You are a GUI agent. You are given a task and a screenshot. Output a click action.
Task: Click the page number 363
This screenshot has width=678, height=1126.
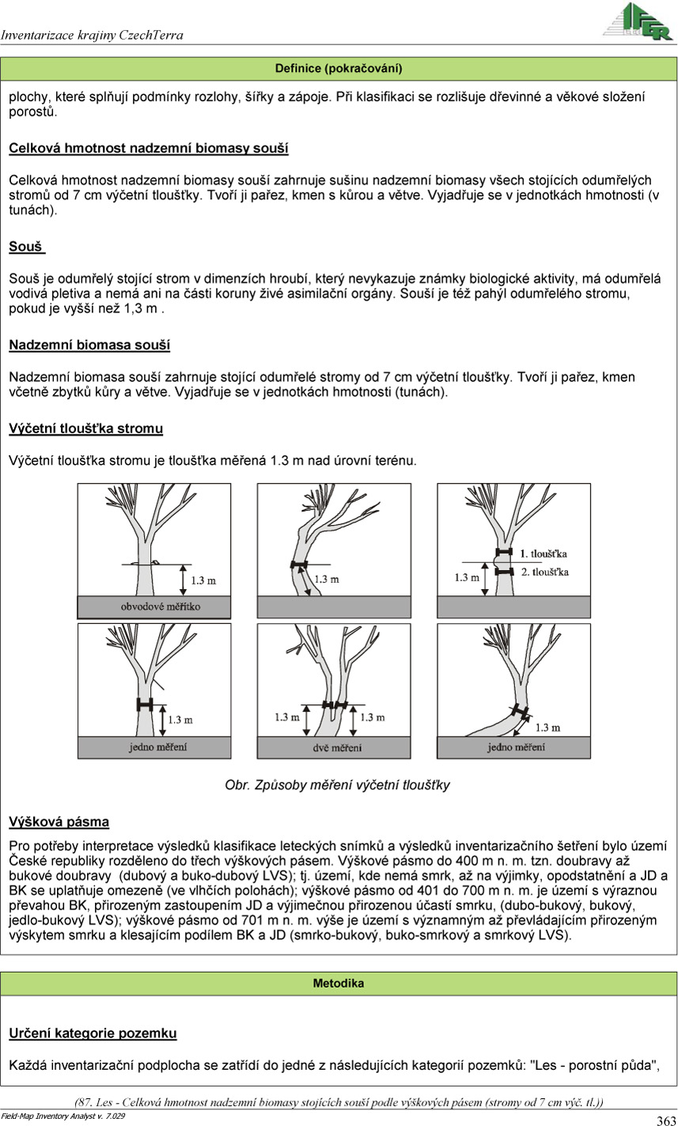665,1120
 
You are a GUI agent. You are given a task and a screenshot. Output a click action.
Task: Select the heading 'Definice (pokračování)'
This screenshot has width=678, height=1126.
339,69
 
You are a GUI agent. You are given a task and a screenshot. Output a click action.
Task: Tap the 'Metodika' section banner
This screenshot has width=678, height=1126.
339,984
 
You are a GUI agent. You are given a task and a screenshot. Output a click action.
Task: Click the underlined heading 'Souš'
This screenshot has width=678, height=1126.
26,247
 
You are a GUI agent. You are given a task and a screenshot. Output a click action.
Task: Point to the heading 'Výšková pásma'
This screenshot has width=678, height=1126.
59,822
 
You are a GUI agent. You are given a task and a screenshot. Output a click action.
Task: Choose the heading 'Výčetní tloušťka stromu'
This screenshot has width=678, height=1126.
86,429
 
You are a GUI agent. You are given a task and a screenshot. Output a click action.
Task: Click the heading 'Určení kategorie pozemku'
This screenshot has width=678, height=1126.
93,1033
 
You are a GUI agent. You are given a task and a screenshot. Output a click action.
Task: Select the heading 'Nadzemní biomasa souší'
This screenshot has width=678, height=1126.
89,345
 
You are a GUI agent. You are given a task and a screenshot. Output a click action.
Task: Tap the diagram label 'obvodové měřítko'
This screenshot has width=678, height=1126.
154,606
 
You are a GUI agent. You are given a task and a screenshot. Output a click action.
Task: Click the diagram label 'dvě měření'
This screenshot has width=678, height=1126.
334,746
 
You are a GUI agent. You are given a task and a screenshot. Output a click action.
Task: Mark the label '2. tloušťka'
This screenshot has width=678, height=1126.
544,571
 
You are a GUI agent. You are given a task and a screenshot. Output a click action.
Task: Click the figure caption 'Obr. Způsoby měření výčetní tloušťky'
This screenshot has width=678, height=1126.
338,785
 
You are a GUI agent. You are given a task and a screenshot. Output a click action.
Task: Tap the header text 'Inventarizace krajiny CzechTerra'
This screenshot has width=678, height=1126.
92,35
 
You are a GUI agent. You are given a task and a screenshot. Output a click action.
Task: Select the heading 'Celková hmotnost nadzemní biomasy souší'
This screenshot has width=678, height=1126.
149,148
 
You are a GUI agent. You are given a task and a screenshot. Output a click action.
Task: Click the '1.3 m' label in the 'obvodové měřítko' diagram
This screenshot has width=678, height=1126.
204,580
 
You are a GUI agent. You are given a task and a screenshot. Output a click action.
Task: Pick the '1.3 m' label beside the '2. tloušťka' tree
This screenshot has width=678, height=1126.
468,577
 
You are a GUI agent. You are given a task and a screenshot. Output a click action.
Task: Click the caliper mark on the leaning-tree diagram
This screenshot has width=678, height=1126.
298,565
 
